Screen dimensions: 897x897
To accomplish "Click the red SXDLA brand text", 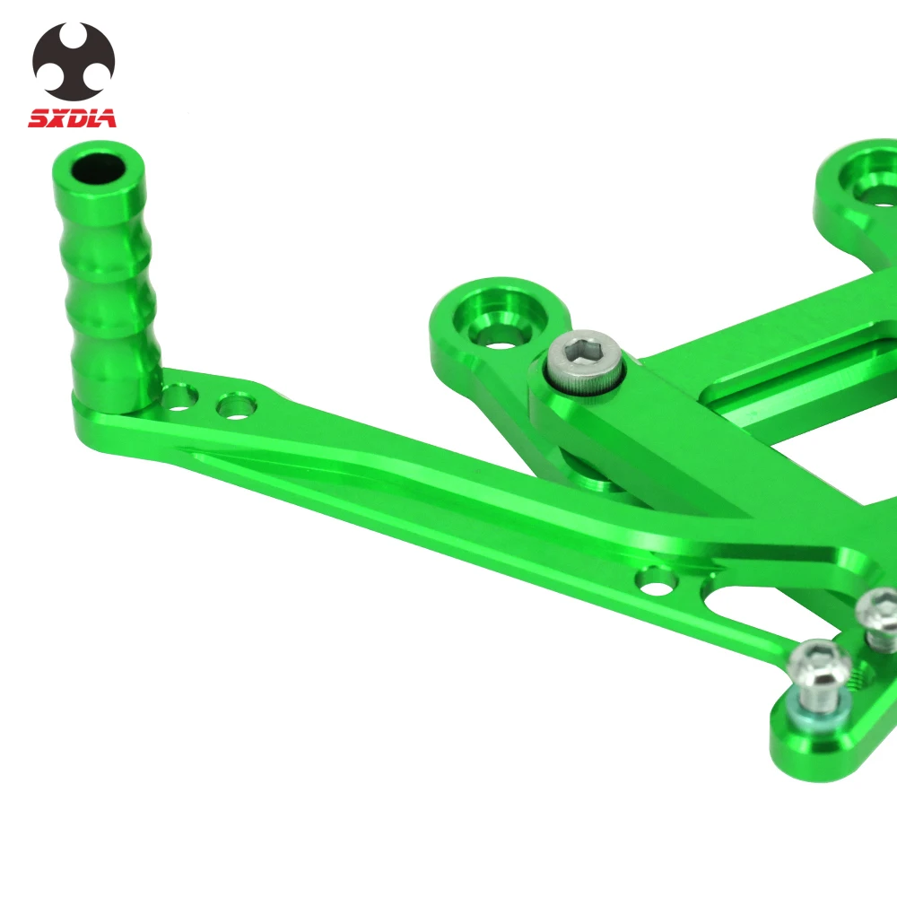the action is pyautogui.click(x=72, y=118).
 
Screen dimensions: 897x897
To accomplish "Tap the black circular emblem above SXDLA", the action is pyautogui.click(x=74, y=60).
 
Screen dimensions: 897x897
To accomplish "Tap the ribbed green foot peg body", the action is pyautogui.click(x=107, y=275).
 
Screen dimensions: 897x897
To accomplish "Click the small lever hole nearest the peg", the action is pyautogui.click(x=179, y=398).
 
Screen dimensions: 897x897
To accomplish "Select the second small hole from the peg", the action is pyautogui.click(x=236, y=406).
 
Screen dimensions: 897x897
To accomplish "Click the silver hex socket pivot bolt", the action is pyautogui.click(x=585, y=361).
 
